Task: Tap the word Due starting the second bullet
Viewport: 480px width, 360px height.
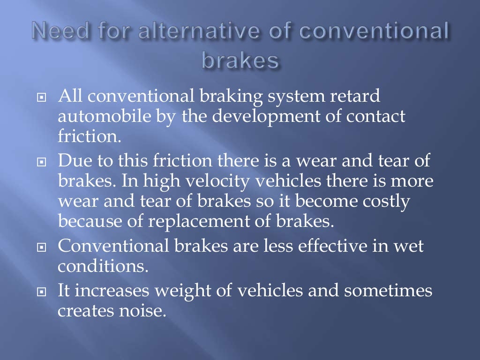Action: pos(74,161)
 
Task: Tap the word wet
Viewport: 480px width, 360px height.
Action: pos(407,246)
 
